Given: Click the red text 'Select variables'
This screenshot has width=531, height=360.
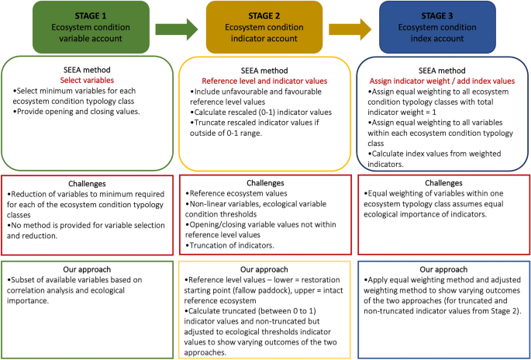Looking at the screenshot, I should (87, 80).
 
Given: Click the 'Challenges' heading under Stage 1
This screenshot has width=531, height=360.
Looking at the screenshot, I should (87, 184).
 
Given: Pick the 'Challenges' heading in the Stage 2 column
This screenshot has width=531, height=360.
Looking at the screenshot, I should (264, 184).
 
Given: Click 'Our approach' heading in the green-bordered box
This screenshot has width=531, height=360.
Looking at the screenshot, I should (87, 269).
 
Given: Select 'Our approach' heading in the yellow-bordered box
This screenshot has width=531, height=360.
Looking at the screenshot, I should (264, 269).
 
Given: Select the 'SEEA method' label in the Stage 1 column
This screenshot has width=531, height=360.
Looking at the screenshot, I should (87, 70).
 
